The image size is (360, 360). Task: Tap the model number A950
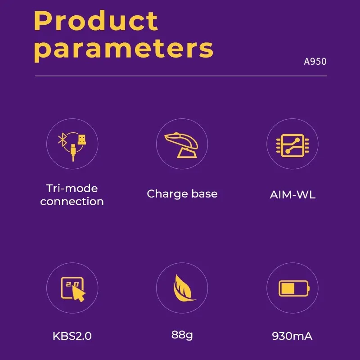(x=315, y=62)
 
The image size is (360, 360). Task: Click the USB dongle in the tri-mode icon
(x=81, y=138)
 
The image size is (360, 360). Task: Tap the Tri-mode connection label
(x=72, y=194)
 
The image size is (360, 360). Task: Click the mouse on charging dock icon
(x=182, y=144)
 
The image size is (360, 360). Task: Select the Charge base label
(x=182, y=194)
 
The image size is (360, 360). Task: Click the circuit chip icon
(x=292, y=144)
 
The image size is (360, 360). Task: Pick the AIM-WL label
(x=292, y=195)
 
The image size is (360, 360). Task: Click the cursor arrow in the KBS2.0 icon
(x=78, y=293)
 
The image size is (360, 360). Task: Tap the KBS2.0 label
(x=72, y=336)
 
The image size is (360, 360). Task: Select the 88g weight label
(x=182, y=335)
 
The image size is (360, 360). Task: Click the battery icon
(x=293, y=288)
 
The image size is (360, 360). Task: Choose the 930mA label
(x=292, y=336)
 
